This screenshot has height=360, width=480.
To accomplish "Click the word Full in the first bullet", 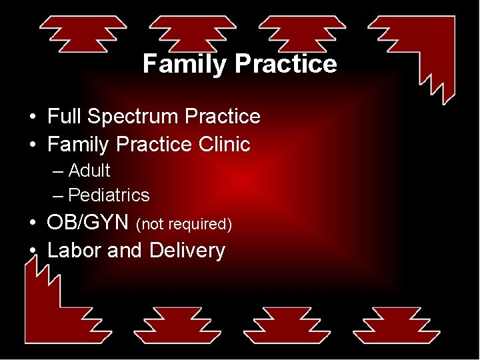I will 65,117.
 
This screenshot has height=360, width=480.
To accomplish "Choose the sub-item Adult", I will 89,171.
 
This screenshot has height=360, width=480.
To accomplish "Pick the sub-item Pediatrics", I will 109,195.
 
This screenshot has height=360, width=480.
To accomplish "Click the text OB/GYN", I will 87,223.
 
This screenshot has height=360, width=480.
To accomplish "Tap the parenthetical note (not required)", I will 183,225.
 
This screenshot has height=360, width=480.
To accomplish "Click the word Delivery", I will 187,251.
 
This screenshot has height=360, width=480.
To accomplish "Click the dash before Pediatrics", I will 58,195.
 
